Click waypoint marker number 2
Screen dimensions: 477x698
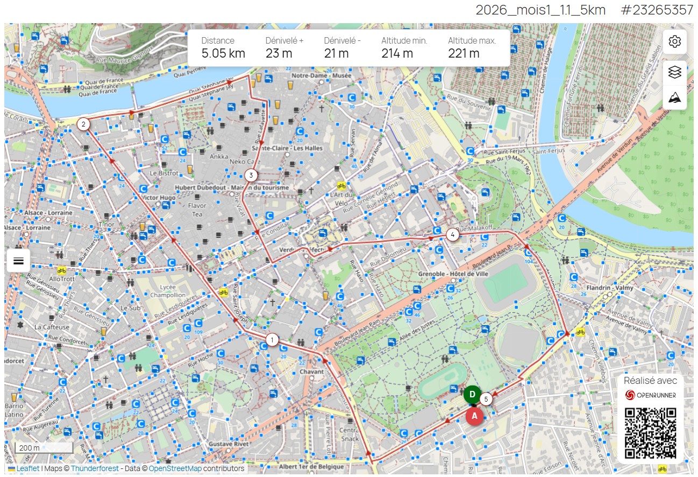(83, 124)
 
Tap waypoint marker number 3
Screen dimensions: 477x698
(251, 175)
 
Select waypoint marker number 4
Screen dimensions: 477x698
(453, 235)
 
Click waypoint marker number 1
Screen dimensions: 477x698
(273, 340)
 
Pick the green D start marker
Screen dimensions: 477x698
(472, 395)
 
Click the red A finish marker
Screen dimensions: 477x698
(474, 416)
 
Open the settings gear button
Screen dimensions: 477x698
(674, 41)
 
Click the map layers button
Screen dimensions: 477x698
(674, 73)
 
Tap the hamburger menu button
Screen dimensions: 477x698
(18, 261)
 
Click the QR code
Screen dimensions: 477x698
(650, 433)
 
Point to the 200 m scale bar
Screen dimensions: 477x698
(43, 448)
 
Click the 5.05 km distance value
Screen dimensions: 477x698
(223, 53)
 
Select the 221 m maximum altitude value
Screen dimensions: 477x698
(463, 53)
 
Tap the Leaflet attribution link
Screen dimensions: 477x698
(27, 468)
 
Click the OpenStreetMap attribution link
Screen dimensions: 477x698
(175, 468)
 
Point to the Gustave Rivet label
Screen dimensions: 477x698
(229, 444)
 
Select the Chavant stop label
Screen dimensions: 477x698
(311, 371)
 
